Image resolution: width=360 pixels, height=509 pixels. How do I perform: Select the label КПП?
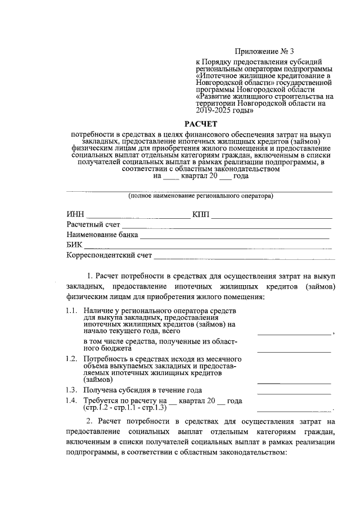201,215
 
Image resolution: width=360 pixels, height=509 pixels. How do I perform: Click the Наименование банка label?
102,235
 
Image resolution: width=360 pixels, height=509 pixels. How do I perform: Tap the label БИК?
74,245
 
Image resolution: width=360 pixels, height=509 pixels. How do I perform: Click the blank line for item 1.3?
294,393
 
